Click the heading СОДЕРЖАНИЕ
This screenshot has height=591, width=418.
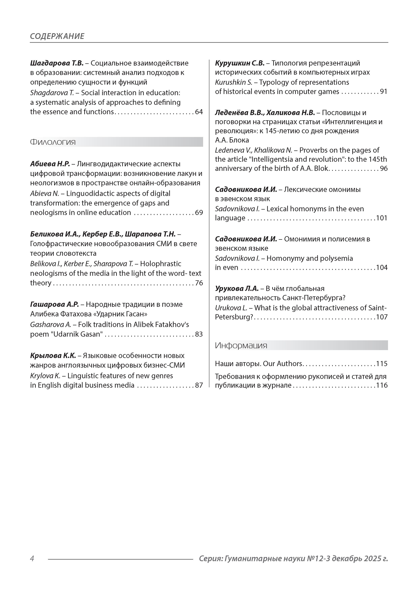coord(57,36)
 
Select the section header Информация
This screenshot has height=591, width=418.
coord(241,345)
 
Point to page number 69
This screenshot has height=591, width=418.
coord(199,213)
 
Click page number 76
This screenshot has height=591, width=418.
coord(199,283)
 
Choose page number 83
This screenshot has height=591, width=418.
coord(199,334)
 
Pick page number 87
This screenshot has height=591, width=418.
coord(199,385)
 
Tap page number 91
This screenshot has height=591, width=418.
coord(383,92)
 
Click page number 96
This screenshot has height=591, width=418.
coord(383,169)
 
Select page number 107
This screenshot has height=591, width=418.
coord(382,317)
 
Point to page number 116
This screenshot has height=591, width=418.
coord(382,385)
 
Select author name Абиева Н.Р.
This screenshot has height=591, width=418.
coord(50,164)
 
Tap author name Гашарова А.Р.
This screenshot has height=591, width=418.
coord(54,304)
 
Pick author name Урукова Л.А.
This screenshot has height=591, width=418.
coord(237,289)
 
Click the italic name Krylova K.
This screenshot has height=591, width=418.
coord(45,376)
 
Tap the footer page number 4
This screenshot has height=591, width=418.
coord(32,559)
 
